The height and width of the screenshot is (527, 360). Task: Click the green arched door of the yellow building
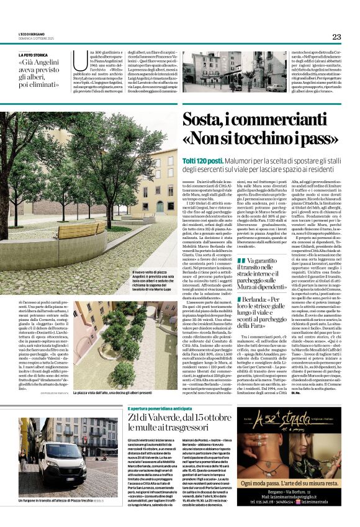(x=160, y=207)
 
